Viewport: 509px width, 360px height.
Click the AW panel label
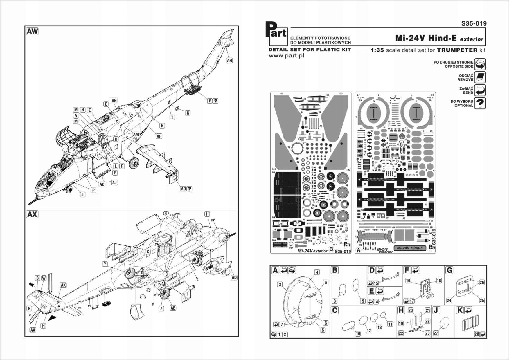(32, 31)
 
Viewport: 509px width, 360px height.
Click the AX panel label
(32, 214)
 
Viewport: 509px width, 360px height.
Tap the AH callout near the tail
(229, 60)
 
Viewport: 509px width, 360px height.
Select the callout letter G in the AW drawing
(188, 113)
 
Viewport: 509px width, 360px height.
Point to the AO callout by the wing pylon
(184, 189)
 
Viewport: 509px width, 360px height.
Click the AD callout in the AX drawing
(234, 278)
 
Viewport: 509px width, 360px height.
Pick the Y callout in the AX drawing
(105, 264)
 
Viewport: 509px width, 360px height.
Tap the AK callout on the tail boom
(63, 285)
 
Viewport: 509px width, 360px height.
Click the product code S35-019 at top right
(474, 23)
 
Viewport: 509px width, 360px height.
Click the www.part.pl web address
(286, 56)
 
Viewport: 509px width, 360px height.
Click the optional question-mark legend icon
(481, 103)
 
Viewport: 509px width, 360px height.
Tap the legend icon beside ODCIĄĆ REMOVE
(481, 77)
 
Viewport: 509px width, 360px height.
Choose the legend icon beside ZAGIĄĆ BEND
(481, 90)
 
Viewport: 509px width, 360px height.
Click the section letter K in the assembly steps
(460, 310)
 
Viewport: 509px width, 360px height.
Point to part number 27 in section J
(436, 333)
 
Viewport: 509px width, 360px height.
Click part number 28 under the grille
(477, 334)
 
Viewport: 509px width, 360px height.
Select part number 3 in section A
(280, 284)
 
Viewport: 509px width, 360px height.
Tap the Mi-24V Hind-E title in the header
(426, 38)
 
